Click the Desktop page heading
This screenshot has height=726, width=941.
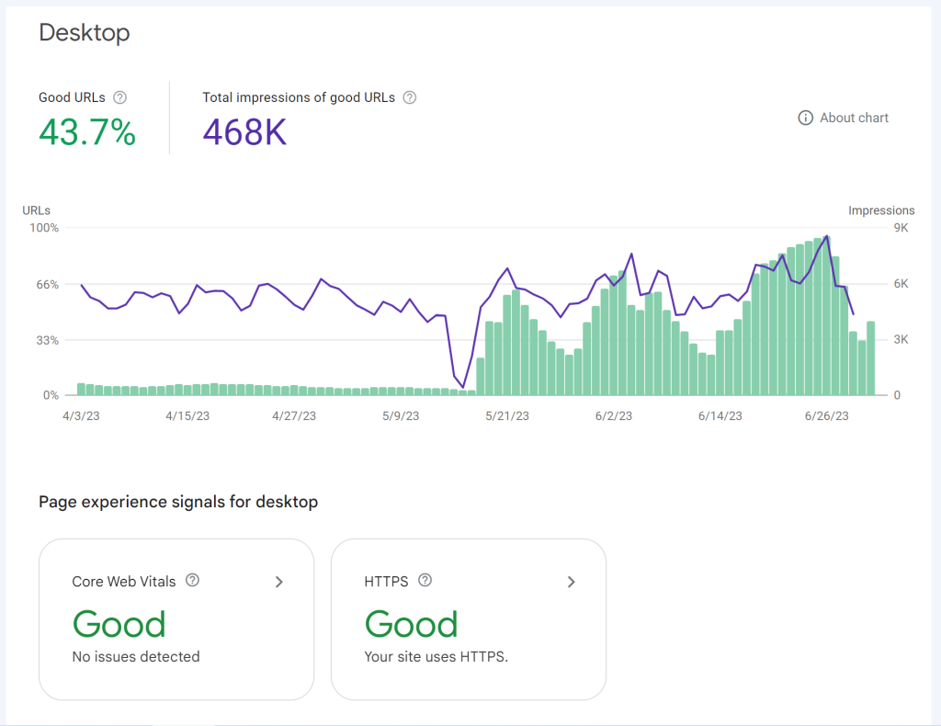85,33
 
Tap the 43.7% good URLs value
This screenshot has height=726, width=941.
87,133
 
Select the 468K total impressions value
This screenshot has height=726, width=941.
244,133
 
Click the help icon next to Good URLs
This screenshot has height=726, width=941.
119,97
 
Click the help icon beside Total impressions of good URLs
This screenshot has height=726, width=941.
410,97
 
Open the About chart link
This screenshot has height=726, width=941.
844,118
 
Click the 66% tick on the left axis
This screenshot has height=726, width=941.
48,284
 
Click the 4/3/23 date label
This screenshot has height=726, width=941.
80,416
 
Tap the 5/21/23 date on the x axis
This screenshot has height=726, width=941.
506,416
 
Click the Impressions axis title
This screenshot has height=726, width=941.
880,210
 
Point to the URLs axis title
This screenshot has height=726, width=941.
37,210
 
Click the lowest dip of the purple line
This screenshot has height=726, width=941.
463,387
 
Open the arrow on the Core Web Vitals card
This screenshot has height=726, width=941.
279,582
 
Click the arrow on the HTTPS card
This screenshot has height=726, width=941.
572,582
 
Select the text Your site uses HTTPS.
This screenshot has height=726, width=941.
436,657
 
